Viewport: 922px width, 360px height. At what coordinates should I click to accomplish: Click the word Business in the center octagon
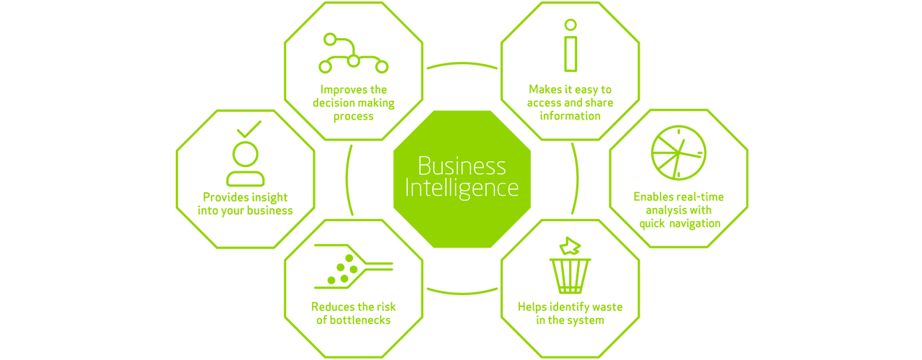coord(462,166)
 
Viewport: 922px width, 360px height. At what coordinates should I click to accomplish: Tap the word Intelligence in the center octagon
coord(462,188)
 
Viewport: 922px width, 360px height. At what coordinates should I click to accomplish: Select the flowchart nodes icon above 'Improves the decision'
coord(353,54)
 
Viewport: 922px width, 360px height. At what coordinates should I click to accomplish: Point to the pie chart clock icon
coord(678,153)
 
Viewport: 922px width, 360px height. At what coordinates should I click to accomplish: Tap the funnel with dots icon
coord(353,266)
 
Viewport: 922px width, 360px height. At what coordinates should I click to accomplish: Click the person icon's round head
coord(245,153)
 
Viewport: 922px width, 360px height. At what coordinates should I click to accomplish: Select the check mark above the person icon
coord(248,130)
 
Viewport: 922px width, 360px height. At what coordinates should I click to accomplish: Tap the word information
coord(570,115)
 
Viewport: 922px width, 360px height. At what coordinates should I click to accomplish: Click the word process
coord(353,116)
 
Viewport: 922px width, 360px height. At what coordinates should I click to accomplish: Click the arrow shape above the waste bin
coord(570,246)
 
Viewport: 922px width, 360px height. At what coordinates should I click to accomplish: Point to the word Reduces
coord(333,307)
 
